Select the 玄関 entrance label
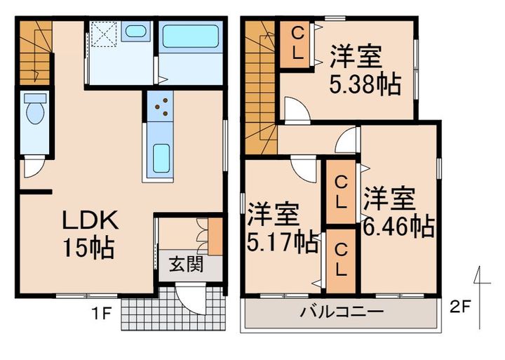coord(186,266)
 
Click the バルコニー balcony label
coord(342,312)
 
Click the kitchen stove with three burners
coord(161,105)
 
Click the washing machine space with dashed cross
coord(104,32)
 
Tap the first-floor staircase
coord(33,53)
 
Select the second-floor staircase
coord(260,84)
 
